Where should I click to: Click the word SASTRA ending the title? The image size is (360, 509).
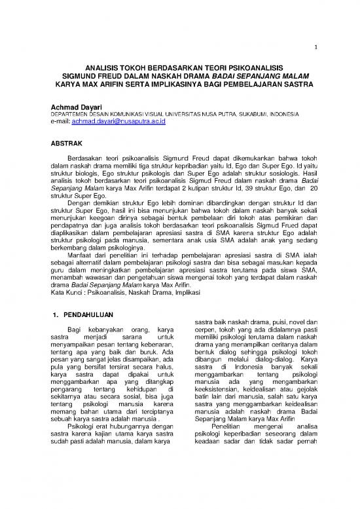pyautogui.click(x=297, y=85)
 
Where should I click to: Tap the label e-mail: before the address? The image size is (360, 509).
pyautogui.click(x=63, y=122)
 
